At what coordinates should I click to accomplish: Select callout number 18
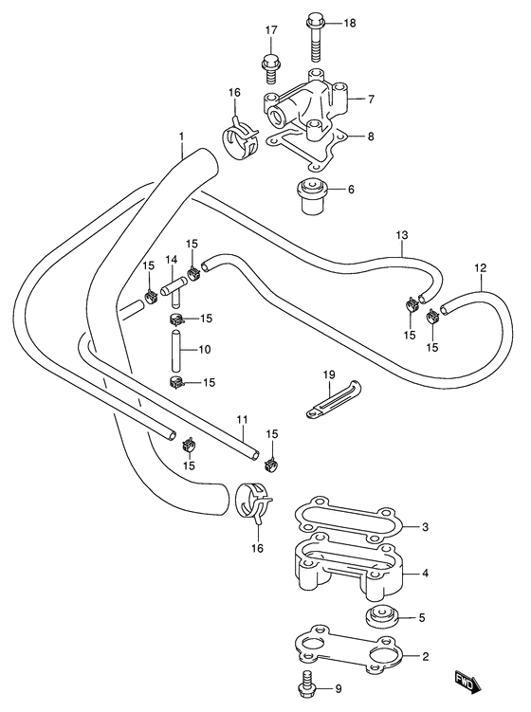350,23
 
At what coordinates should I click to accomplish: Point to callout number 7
371,98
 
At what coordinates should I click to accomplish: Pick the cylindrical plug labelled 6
312,195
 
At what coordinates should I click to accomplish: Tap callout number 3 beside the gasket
425,527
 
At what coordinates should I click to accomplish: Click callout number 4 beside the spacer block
425,573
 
